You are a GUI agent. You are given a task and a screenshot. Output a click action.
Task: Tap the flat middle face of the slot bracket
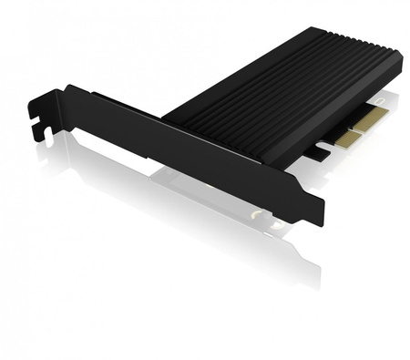(182, 146)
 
